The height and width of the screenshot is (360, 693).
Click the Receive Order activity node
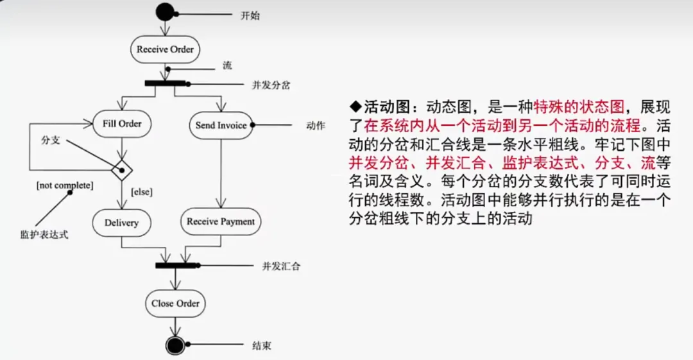(x=165, y=49)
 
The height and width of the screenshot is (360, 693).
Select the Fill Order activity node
(x=122, y=124)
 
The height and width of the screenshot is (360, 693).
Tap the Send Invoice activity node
(x=221, y=126)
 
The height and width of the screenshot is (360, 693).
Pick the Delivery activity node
(x=121, y=223)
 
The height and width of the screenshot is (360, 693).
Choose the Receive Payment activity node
(x=221, y=221)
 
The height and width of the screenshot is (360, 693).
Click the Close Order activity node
(x=175, y=304)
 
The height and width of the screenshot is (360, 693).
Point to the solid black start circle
(x=165, y=12)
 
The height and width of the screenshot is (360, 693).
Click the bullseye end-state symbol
(x=175, y=345)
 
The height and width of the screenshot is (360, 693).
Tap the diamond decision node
(x=121, y=171)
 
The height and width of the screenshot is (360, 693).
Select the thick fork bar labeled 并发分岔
(x=165, y=83)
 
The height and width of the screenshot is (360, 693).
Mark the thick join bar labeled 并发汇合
(x=175, y=264)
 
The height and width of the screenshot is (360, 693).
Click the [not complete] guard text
(x=65, y=185)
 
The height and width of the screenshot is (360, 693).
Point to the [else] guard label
(x=141, y=191)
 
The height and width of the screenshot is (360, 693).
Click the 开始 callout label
(x=250, y=15)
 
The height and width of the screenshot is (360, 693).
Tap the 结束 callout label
(x=262, y=346)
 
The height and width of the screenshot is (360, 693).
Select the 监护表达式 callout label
(x=44, y=235)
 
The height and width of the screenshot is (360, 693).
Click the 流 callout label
(x=227, y=65)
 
